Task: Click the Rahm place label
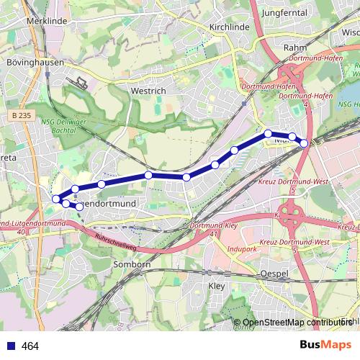296,48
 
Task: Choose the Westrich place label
149,91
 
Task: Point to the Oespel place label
274,274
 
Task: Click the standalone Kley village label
216,286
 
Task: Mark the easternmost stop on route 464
304,143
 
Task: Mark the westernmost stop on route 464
56,198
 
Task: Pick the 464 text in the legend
30,346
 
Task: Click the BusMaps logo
325,346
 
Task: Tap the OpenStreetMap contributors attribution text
295,322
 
